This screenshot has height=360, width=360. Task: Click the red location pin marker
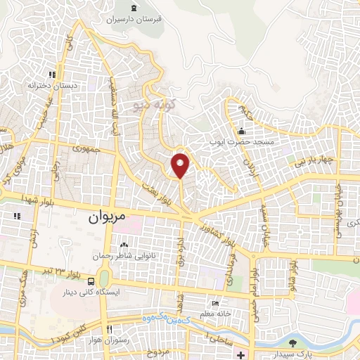pos(181,165)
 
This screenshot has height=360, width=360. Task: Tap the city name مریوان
pos(106,218)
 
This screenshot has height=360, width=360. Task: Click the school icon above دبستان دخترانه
pos(51,74)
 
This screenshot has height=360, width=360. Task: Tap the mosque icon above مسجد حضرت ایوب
pos(242,131)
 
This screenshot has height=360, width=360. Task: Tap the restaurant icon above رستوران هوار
pos(109,329)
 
